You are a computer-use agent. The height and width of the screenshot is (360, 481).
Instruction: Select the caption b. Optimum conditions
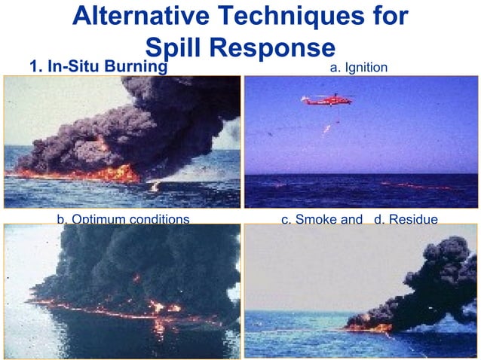(x=123, y=219)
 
